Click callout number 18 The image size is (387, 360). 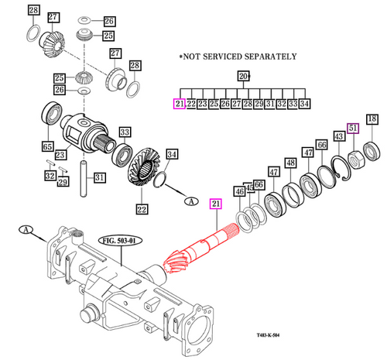click(372, 119)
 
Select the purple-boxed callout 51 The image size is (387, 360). click(353, 129)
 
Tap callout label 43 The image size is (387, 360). click(339, 136)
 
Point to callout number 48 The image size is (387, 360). click(291, 163)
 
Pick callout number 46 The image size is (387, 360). click(240, 191)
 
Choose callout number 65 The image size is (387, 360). click(48, 146)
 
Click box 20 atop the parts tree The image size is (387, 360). click(243, 76)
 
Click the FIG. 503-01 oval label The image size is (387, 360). click(120, 241)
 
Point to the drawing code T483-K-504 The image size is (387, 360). click(268, 335)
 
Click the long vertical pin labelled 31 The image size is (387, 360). click(83, 179)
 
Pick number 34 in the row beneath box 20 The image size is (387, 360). click(304, 104)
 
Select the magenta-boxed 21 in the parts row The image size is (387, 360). click(180, 104)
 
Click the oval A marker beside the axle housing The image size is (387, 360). click(26, 229)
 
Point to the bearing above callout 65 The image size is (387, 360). click(52, 113)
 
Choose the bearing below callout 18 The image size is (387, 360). click(372, 152)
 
